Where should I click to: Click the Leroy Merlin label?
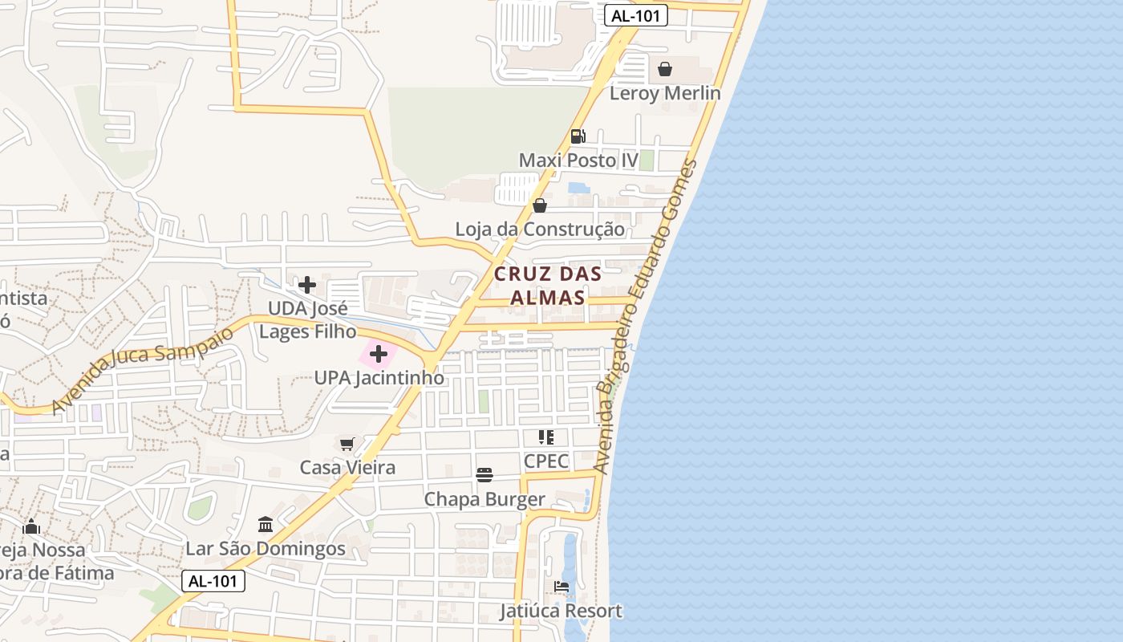tap(665, 93)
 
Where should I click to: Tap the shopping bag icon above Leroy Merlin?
tap(665, 69)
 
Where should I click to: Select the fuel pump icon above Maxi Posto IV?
tap(578, 136)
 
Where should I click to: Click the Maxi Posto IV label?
tap(578, 160)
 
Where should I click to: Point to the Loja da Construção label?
tap(540, 230)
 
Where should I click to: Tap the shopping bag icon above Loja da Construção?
tap(540, 205)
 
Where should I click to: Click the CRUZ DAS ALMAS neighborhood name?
tap(548, 285)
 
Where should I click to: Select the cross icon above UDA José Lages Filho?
tap(307, 285)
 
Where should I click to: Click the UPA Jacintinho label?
tap(379, 377)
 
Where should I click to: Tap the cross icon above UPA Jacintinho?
tap(379, 354)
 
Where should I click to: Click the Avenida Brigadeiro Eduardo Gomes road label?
tap(646, 317)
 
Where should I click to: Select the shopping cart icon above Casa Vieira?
tap(347, 444)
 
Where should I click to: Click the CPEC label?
tap(546, 461)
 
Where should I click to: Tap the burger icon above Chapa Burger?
tap(484, 475)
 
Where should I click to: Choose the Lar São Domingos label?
tap(266, 549)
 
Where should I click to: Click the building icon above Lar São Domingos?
tap(266, 525)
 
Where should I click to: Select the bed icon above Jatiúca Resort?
tap(561, 587)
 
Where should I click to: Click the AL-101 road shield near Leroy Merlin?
tap(636, 15)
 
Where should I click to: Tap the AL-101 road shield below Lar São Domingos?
tap(213, 581)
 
